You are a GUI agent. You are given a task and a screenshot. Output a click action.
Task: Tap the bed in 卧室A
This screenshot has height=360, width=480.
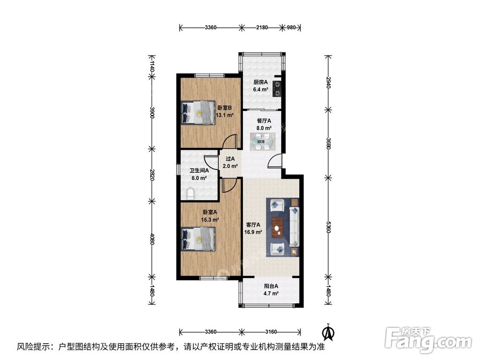point(199,239)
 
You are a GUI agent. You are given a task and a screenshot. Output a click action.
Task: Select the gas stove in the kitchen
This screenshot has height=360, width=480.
point(277,89)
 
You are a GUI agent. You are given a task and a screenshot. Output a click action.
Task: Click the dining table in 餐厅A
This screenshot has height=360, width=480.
point(262,141)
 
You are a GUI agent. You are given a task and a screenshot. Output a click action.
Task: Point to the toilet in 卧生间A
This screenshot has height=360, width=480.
point(191,194)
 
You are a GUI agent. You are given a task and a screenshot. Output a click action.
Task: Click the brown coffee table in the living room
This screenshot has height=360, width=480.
point(277,228)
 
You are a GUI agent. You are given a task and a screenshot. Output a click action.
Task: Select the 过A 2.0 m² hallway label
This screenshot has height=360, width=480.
point(230,163)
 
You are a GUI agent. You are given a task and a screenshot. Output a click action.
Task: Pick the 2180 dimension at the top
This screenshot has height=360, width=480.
point(262,27)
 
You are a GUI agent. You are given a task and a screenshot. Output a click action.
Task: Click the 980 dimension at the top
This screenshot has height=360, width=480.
point(291,27)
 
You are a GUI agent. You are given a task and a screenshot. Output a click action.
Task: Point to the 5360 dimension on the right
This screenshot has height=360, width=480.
point(329,227)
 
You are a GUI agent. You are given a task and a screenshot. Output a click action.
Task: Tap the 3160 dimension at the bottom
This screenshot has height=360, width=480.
point(271,332)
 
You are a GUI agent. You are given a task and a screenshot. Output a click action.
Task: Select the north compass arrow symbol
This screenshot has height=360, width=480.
point(329,331)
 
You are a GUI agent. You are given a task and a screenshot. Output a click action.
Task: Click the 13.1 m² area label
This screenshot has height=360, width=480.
point(224,115)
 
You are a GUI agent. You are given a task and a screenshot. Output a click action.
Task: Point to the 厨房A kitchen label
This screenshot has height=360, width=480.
point(261,82)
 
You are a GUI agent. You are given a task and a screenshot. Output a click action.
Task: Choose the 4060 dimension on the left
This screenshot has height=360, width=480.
point(152,239)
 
